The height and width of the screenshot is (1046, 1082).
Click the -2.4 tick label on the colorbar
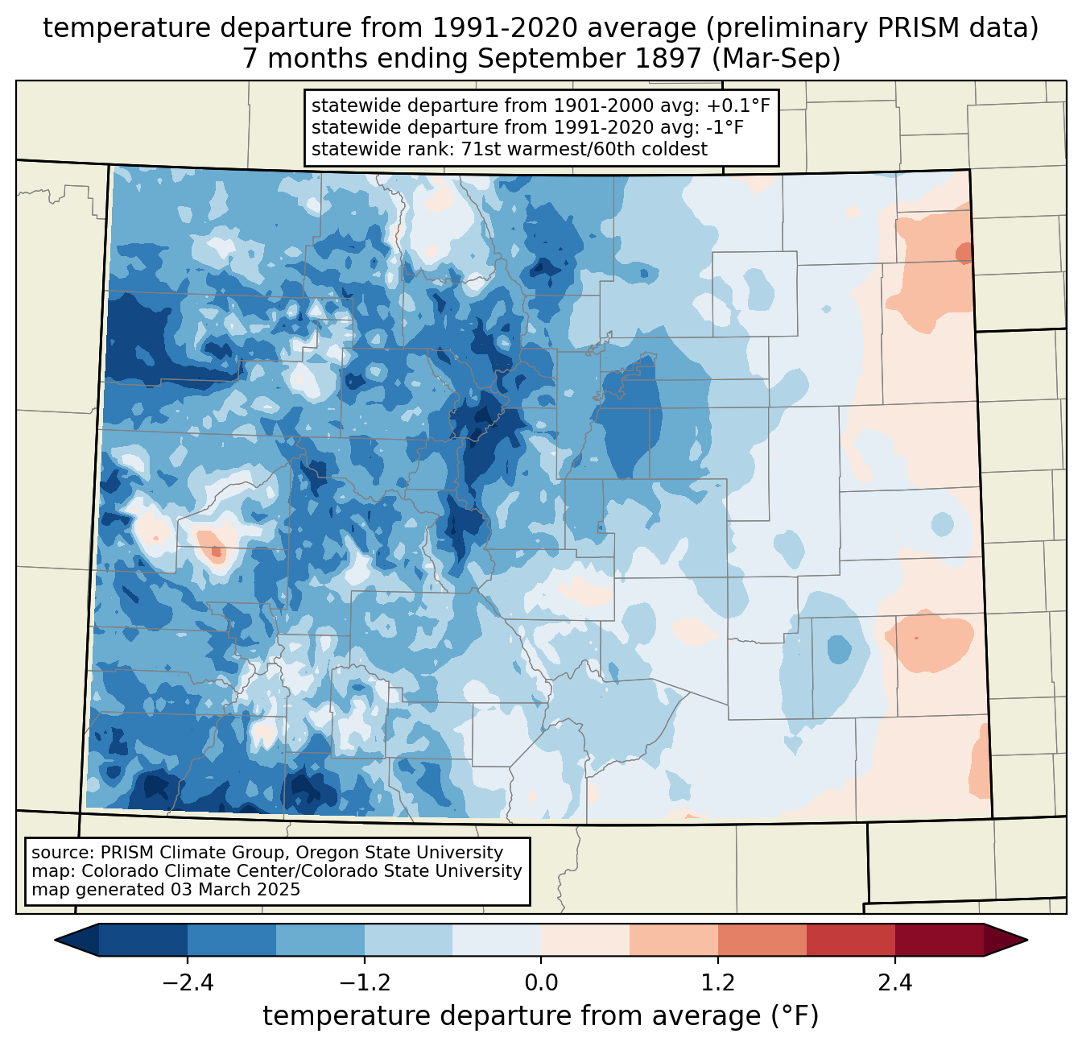188,983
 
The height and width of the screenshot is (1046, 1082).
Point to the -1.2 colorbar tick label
364,983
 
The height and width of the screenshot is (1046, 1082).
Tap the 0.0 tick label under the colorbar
541,983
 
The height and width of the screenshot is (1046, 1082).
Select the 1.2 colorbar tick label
717,983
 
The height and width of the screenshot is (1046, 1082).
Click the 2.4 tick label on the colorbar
894,983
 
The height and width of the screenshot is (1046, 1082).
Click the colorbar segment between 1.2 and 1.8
762,940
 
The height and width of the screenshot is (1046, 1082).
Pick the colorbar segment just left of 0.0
497,940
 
